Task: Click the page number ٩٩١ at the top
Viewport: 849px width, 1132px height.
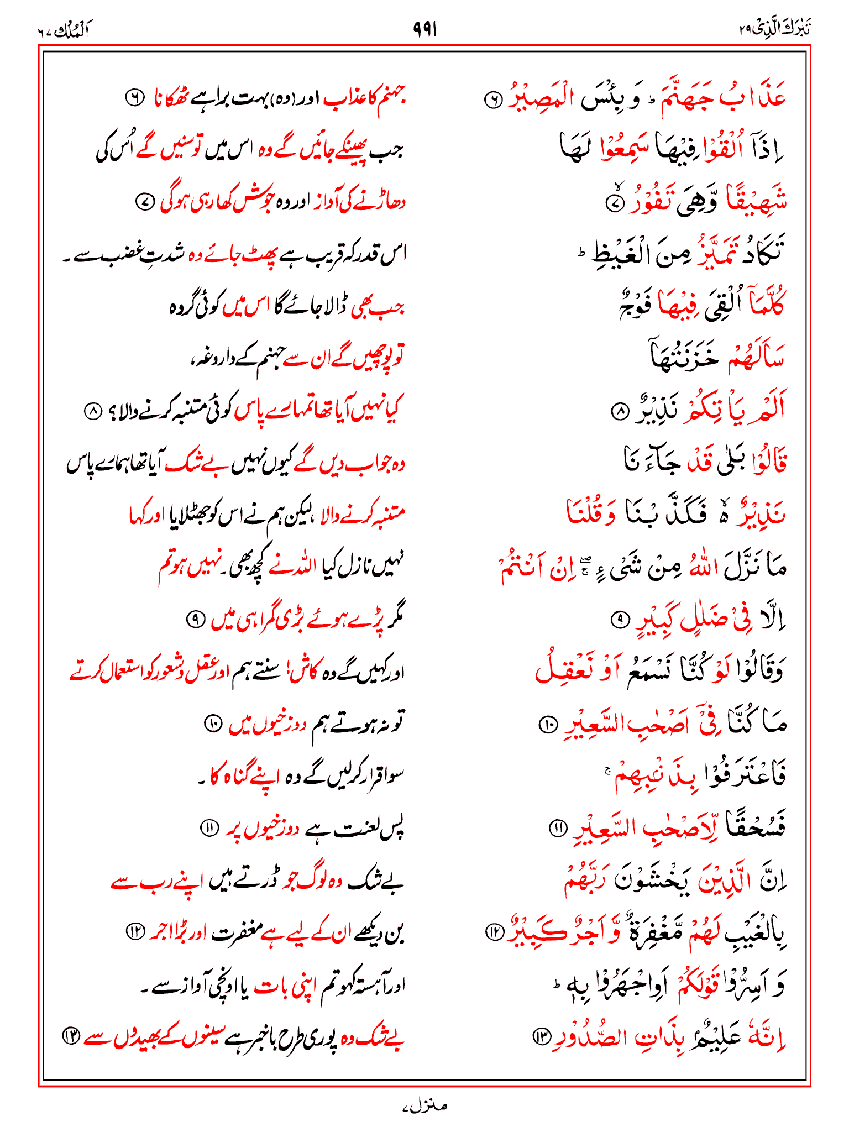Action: pyautogui.click(x=424, y=29)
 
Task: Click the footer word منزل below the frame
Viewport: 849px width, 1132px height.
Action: pyautogui.click(x=424, y=1106)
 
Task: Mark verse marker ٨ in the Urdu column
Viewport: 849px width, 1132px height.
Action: pyautogui.click(x=93, y=411)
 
